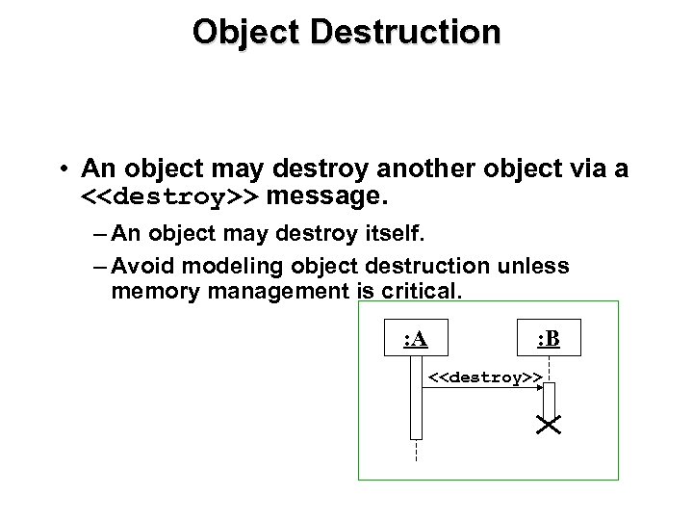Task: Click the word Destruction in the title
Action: point(415,31)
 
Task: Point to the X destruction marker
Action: point(550,425)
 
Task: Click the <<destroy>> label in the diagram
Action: point(484,377)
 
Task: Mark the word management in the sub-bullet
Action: point(267,289)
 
